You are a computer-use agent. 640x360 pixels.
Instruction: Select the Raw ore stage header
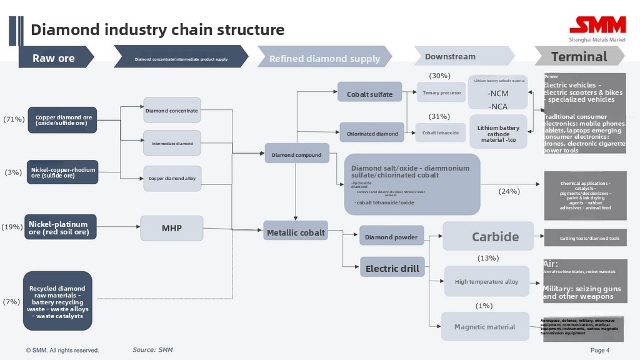coord(55,58)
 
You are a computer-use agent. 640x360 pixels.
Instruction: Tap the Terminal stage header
coord(579,57)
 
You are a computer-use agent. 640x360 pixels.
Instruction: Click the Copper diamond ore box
coord(63,120)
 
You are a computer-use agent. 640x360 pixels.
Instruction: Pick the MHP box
coord(172,228)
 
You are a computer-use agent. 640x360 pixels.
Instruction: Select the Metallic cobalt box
coord(296,232)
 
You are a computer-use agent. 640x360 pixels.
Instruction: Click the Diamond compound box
coord(297,154)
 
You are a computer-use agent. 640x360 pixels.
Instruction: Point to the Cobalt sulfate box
coord(370,94)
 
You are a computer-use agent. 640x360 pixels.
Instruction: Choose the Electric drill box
coord(392,269)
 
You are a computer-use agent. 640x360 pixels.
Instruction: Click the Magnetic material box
coord(484,327)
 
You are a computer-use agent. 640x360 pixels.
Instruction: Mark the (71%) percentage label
coord(14,119)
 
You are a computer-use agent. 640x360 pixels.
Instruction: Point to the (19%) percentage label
coord(12,227)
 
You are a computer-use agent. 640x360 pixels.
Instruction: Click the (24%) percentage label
coord(509,191)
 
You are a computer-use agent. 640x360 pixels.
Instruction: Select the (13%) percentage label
coord(487,257)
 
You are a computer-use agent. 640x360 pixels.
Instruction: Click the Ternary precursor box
coord(442,92)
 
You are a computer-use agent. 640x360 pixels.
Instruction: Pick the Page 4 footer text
coord(600,351)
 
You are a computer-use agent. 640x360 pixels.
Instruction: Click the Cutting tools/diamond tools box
coord(585,238)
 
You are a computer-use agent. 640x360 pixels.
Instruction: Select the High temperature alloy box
coord(486,282)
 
